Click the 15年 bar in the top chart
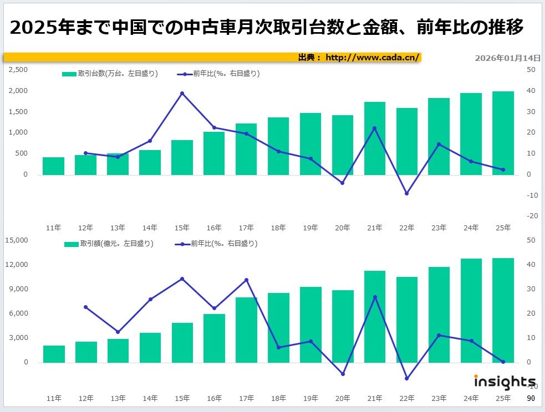pyautogui.click(x=182, y=158)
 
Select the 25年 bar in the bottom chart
pyautogui.click(x=503, y=310)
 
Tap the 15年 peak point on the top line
pyautogui.click(x=182, y=93)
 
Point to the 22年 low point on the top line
pyautogui.click(x=406, y=193)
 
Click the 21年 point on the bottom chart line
pyautogui.click(x=375, y=297)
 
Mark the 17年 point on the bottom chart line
pyautogui.click(x=246, y=280)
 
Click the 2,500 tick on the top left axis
pyautogui.click(x=18, y=70)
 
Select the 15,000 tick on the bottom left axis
pyautogui.click(x=16, y=240)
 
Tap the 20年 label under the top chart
pyautogui.click(x=343, y=228)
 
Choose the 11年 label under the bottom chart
pyautogui.click(x=54, y=398)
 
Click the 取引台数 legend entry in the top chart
pyautogui.click(x=110, y=74)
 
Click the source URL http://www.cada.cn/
pyautogui.click(x=373, y=57)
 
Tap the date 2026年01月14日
pyautogui.click(x=507, y=58)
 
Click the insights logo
pyautogui.click(x=504, y=382)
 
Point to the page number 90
pyautogui.click(x=531, y=398)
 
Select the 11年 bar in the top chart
pyautogui.click(x=53, y=166)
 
